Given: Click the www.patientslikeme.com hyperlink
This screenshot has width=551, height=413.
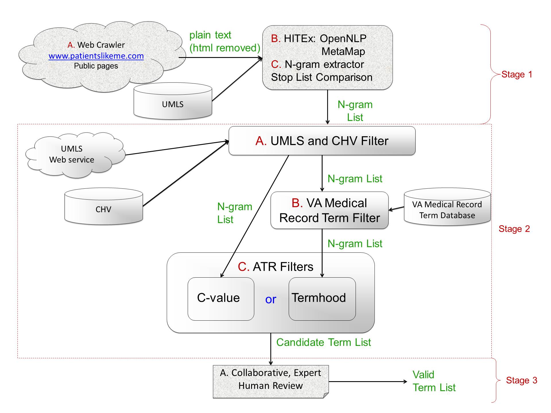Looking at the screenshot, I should [x=96, y=56].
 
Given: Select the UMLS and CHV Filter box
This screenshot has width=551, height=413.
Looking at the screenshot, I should [x=322, y=141].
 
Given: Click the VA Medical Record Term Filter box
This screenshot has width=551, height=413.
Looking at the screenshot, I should [x=329, y=211].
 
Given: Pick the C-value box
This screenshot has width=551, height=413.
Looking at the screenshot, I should [x=221, y=298].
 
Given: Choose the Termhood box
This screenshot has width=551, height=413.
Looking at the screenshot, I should [x=322, y=298].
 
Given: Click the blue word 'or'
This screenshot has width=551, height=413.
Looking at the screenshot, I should [x=271, y=299].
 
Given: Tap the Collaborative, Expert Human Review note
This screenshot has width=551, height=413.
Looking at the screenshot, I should [x=271, y=379].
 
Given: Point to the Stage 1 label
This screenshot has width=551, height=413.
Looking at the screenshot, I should [x=517, y=75].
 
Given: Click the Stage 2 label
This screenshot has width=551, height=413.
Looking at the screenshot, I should [x=514, y=229].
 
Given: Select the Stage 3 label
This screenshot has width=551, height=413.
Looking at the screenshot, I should [x=521, y=380].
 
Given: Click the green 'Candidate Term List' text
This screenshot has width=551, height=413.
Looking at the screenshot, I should [x=323, y=342].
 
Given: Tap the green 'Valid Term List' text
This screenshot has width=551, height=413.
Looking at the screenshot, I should [x=434, y=381].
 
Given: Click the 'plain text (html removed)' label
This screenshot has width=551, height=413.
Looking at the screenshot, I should [x=224, y=42].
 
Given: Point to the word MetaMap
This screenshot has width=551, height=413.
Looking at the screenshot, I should [x=343, y=52].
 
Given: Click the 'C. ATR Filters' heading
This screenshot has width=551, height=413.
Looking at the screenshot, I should [x=275, y=267].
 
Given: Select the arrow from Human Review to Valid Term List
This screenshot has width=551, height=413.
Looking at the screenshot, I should [x=368, y=381].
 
